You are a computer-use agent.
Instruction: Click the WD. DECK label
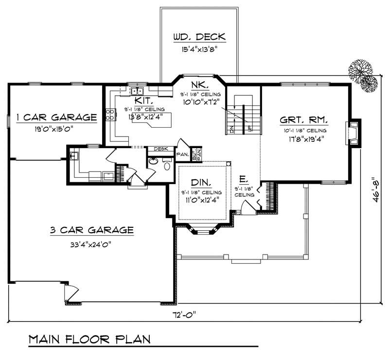point(199,38)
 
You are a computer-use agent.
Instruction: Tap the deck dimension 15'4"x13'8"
point(198,49)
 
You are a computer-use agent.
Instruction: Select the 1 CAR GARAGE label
point(56,117)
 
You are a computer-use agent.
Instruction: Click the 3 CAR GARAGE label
point(91,230)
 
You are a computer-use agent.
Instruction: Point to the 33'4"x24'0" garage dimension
point(91,244)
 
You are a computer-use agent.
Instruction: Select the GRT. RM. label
point(303,120)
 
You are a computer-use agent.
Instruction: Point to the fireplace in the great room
point(354,132)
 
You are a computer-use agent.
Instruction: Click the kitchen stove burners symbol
point(110,115)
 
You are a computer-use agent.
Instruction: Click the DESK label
point(160,149)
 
